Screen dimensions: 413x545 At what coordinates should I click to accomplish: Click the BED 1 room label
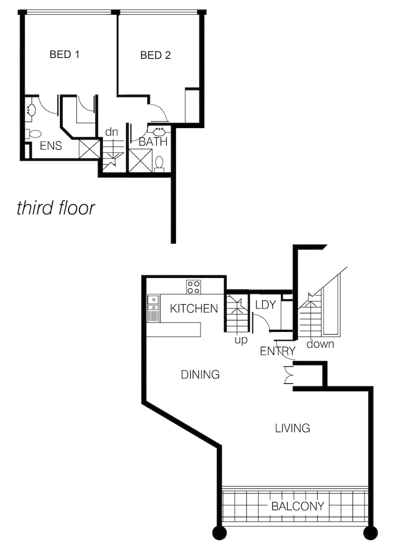pyautogui.click(x=65, y=55)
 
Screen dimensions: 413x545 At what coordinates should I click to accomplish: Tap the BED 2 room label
pyautogui.click(x=155, y=55)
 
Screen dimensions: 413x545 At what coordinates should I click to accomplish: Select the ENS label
pyautogui.click(x=51, y=146)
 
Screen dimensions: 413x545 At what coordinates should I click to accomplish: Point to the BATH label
pyautogui.click(x=153, y=142)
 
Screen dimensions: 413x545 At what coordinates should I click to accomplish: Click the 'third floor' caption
pyautogui.click(x=56, y=208)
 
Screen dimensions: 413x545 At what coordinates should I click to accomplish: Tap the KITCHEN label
pyautogui.click(x=194, y=308)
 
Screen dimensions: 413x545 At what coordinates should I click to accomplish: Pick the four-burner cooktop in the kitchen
pyautogui.click(x=193, y=287)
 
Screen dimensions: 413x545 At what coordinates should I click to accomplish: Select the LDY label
pyautogui.click(x=265, y=305)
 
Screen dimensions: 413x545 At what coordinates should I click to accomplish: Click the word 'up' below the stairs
pyautogui.click(x=241, y=340)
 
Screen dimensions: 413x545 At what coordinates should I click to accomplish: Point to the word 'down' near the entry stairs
pyautogui.click(x=320, y=344)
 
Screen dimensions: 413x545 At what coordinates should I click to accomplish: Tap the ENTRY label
pyautogui.click(x=278, y=351)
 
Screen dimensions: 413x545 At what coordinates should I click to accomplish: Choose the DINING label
pyautogui.click(x=201, y=374)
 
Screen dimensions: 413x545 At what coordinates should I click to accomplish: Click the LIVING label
pyautogui.click(x=293, y=428)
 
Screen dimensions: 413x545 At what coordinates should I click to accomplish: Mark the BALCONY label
pyautogui.click(x=297, y=506)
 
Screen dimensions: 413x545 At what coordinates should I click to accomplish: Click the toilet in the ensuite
pyautogui.click(x=33, y=134)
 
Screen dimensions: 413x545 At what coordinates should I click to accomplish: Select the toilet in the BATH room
pyautogui.click(x=160, y=163)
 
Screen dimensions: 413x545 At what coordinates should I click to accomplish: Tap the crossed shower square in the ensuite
pyautogui.click(x=89, y=149)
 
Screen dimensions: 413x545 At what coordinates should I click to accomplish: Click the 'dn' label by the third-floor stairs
pyautogui.click(x=112, y=132)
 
